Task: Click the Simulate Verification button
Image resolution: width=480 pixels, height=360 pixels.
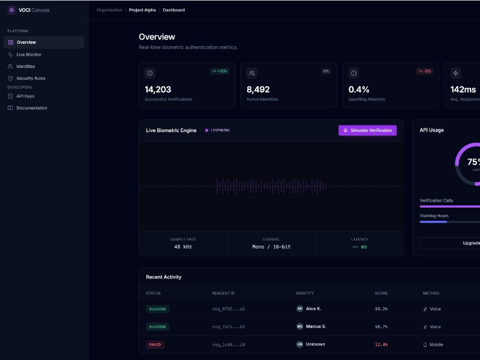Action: point(367,130)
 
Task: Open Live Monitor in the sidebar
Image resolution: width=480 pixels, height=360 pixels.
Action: point(29,55)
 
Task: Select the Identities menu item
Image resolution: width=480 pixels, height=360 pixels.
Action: point(26,67)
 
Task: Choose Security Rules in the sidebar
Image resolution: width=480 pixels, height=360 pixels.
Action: point(31,79)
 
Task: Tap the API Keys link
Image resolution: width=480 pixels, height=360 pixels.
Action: point(25,96)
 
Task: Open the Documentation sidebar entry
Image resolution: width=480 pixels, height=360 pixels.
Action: point(31,108)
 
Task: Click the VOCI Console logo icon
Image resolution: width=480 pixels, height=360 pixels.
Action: point(11,10)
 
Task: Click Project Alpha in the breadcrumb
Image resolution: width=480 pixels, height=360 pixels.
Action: point(142,10)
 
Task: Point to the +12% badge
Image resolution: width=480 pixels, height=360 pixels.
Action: point(220,71)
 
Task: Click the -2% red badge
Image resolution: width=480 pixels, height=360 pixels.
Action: point(424,71)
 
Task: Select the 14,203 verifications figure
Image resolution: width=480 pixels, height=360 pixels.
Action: point(158,89)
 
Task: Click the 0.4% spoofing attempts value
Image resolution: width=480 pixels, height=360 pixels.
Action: point(359,89)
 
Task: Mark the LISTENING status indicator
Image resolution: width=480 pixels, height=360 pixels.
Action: point(217,130)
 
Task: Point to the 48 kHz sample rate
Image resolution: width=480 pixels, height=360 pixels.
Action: point(183,247)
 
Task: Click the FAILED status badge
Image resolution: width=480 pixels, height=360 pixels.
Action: point(155,344)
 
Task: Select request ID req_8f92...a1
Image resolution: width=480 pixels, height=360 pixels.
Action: point(229,309)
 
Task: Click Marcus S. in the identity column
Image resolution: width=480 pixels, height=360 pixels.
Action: point(316,326)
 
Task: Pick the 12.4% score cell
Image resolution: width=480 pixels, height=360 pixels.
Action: point(381,344)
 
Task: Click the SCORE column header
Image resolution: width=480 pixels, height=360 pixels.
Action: point(381,293)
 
